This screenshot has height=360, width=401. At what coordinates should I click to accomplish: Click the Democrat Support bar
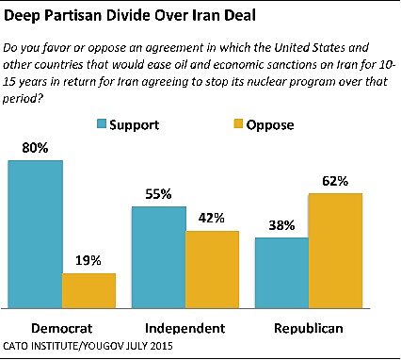click(x=36, y=234)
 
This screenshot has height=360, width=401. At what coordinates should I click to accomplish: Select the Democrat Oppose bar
click(x=88, y=290)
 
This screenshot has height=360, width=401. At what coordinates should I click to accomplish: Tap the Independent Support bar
click(x=158, y=256)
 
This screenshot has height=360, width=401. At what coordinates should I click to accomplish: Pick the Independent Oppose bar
click(x=213, y=269)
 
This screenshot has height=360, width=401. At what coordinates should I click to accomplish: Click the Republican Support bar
click(x=282, y=272)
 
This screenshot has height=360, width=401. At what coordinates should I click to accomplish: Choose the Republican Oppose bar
click(x=335, y=251)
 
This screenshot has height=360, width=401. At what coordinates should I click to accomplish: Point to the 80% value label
click(x=35, y=147)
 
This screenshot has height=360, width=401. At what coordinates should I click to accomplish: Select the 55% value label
click(x=158, y=193)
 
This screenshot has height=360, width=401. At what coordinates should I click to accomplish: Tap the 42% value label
click(x=213, y=218)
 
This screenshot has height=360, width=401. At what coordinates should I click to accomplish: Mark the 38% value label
click(x=282, y=225)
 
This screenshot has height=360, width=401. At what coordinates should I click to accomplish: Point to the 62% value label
click(x=336, y=180)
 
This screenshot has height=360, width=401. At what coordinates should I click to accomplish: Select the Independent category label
click(x=185, y=327)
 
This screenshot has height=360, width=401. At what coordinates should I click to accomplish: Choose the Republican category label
click(x=309, y=327)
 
